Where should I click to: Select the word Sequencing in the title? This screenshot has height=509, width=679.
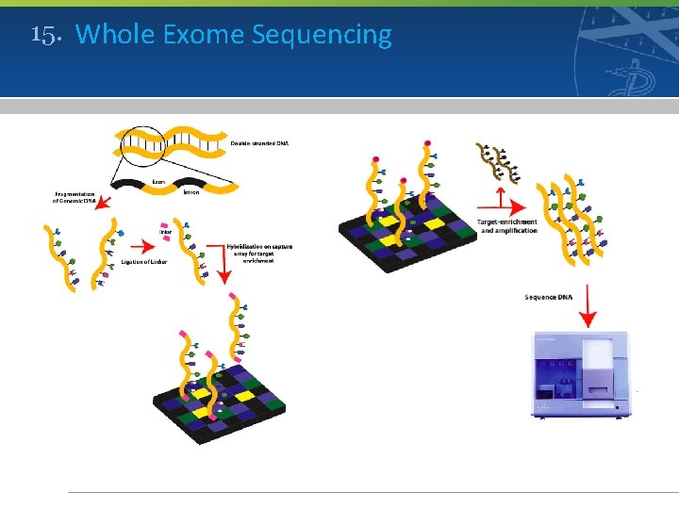click(x=322, y=36)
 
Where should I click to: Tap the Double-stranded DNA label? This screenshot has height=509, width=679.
click(x=259, y=143)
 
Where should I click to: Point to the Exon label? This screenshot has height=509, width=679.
click(x=159, y=182)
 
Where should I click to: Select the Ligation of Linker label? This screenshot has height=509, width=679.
click(x=143, y=261)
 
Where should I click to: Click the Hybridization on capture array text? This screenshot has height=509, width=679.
click(x=259, y=253)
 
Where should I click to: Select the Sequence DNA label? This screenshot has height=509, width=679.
click(x=548, y=297)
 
